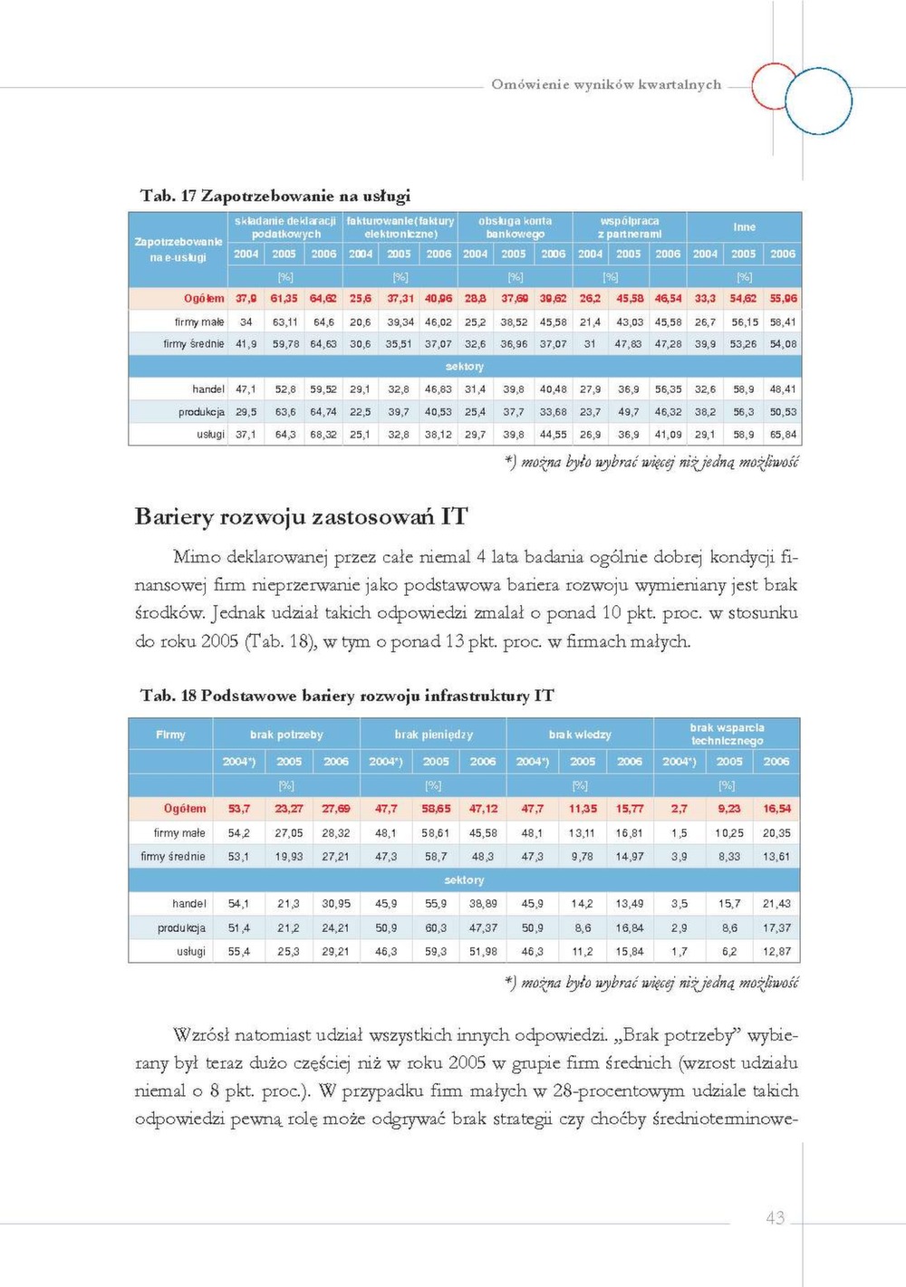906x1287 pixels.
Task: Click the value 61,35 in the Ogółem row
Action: point(284,299)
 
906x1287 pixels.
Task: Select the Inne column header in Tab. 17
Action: point(744,227)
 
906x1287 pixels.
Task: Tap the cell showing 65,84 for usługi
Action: point(783,435)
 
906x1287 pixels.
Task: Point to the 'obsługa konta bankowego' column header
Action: point(514,227)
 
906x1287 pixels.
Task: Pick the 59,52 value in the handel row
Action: point(323,389)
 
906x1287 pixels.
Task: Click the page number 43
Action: point(776,1218)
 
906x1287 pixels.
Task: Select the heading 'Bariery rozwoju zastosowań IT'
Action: point(301,517)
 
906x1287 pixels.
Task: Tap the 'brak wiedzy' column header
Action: point(580,735)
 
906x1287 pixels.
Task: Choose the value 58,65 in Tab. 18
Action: point(436,809)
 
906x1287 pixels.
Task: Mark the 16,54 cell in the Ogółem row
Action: point(776,809)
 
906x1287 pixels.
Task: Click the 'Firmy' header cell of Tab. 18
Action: point(170,735)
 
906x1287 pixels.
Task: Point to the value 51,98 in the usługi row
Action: point(483,952)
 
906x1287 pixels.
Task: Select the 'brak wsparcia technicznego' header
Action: point(727,734)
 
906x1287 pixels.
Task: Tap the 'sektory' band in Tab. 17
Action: point(465,367)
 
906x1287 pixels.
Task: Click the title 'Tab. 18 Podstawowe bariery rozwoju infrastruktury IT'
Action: point(347,696)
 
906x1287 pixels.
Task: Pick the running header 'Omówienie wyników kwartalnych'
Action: point(606,84)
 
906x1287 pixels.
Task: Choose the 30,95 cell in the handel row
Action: point(335,904)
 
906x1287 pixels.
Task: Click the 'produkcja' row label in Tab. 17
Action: point(201,412)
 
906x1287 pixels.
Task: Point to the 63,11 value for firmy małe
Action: point(284,322)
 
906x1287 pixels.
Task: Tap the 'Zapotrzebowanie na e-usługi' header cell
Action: point(178,249)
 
